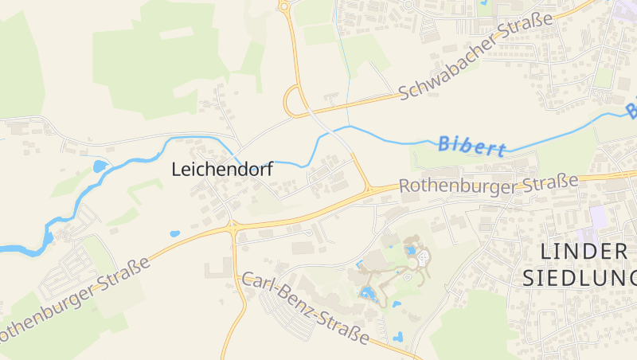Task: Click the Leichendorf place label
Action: click(222, 170)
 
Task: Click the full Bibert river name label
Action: click(472, 146)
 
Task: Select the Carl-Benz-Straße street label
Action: click(306, 308)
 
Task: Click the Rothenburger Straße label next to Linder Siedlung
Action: click(488, 185)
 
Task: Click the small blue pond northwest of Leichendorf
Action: click(100, 166)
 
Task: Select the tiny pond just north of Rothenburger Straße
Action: click(174, 234)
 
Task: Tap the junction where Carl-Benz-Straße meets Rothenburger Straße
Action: click(233, 226)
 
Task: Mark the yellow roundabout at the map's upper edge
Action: click(283, 6)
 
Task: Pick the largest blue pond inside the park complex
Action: click(368, 293)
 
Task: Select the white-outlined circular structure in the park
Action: click(423, 258)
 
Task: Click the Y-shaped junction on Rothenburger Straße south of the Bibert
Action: click(367, 190)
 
